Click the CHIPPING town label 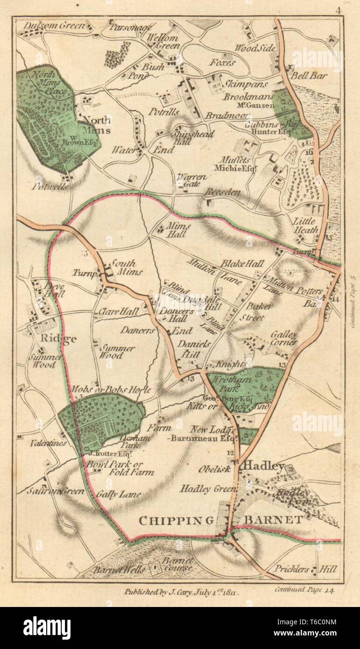point(176,520)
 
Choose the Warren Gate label point(187,181)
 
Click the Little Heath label point(305,225)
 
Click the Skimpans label point(246,85)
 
